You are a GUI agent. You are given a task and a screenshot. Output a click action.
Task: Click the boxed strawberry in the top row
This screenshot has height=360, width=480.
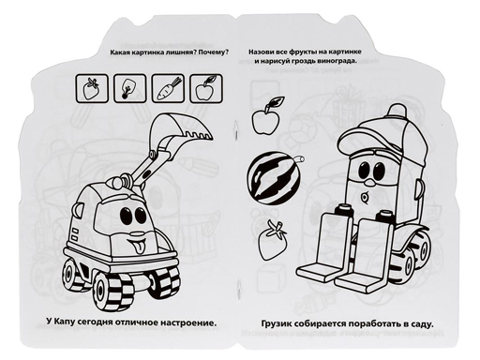coord(92,88)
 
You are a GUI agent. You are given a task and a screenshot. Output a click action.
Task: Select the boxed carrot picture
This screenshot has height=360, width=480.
coord(168,88)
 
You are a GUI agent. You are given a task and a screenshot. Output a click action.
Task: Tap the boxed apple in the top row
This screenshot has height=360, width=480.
coord(206,88)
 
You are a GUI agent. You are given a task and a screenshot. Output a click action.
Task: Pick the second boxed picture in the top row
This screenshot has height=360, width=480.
coord(130,88)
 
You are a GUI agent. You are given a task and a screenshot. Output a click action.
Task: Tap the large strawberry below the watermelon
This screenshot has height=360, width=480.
coord(272,240)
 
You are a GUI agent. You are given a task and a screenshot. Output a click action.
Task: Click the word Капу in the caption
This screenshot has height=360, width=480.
coord(70,322)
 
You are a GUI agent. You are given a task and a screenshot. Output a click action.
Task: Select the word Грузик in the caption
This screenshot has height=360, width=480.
coord(277,323)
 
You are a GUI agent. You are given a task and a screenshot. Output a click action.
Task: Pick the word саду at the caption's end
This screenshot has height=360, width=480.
coord(423,323)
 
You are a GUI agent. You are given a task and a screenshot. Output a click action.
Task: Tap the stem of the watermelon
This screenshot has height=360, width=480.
coord(300,158)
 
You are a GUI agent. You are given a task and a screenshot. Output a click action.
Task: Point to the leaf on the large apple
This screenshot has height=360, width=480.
coord(277,100)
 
